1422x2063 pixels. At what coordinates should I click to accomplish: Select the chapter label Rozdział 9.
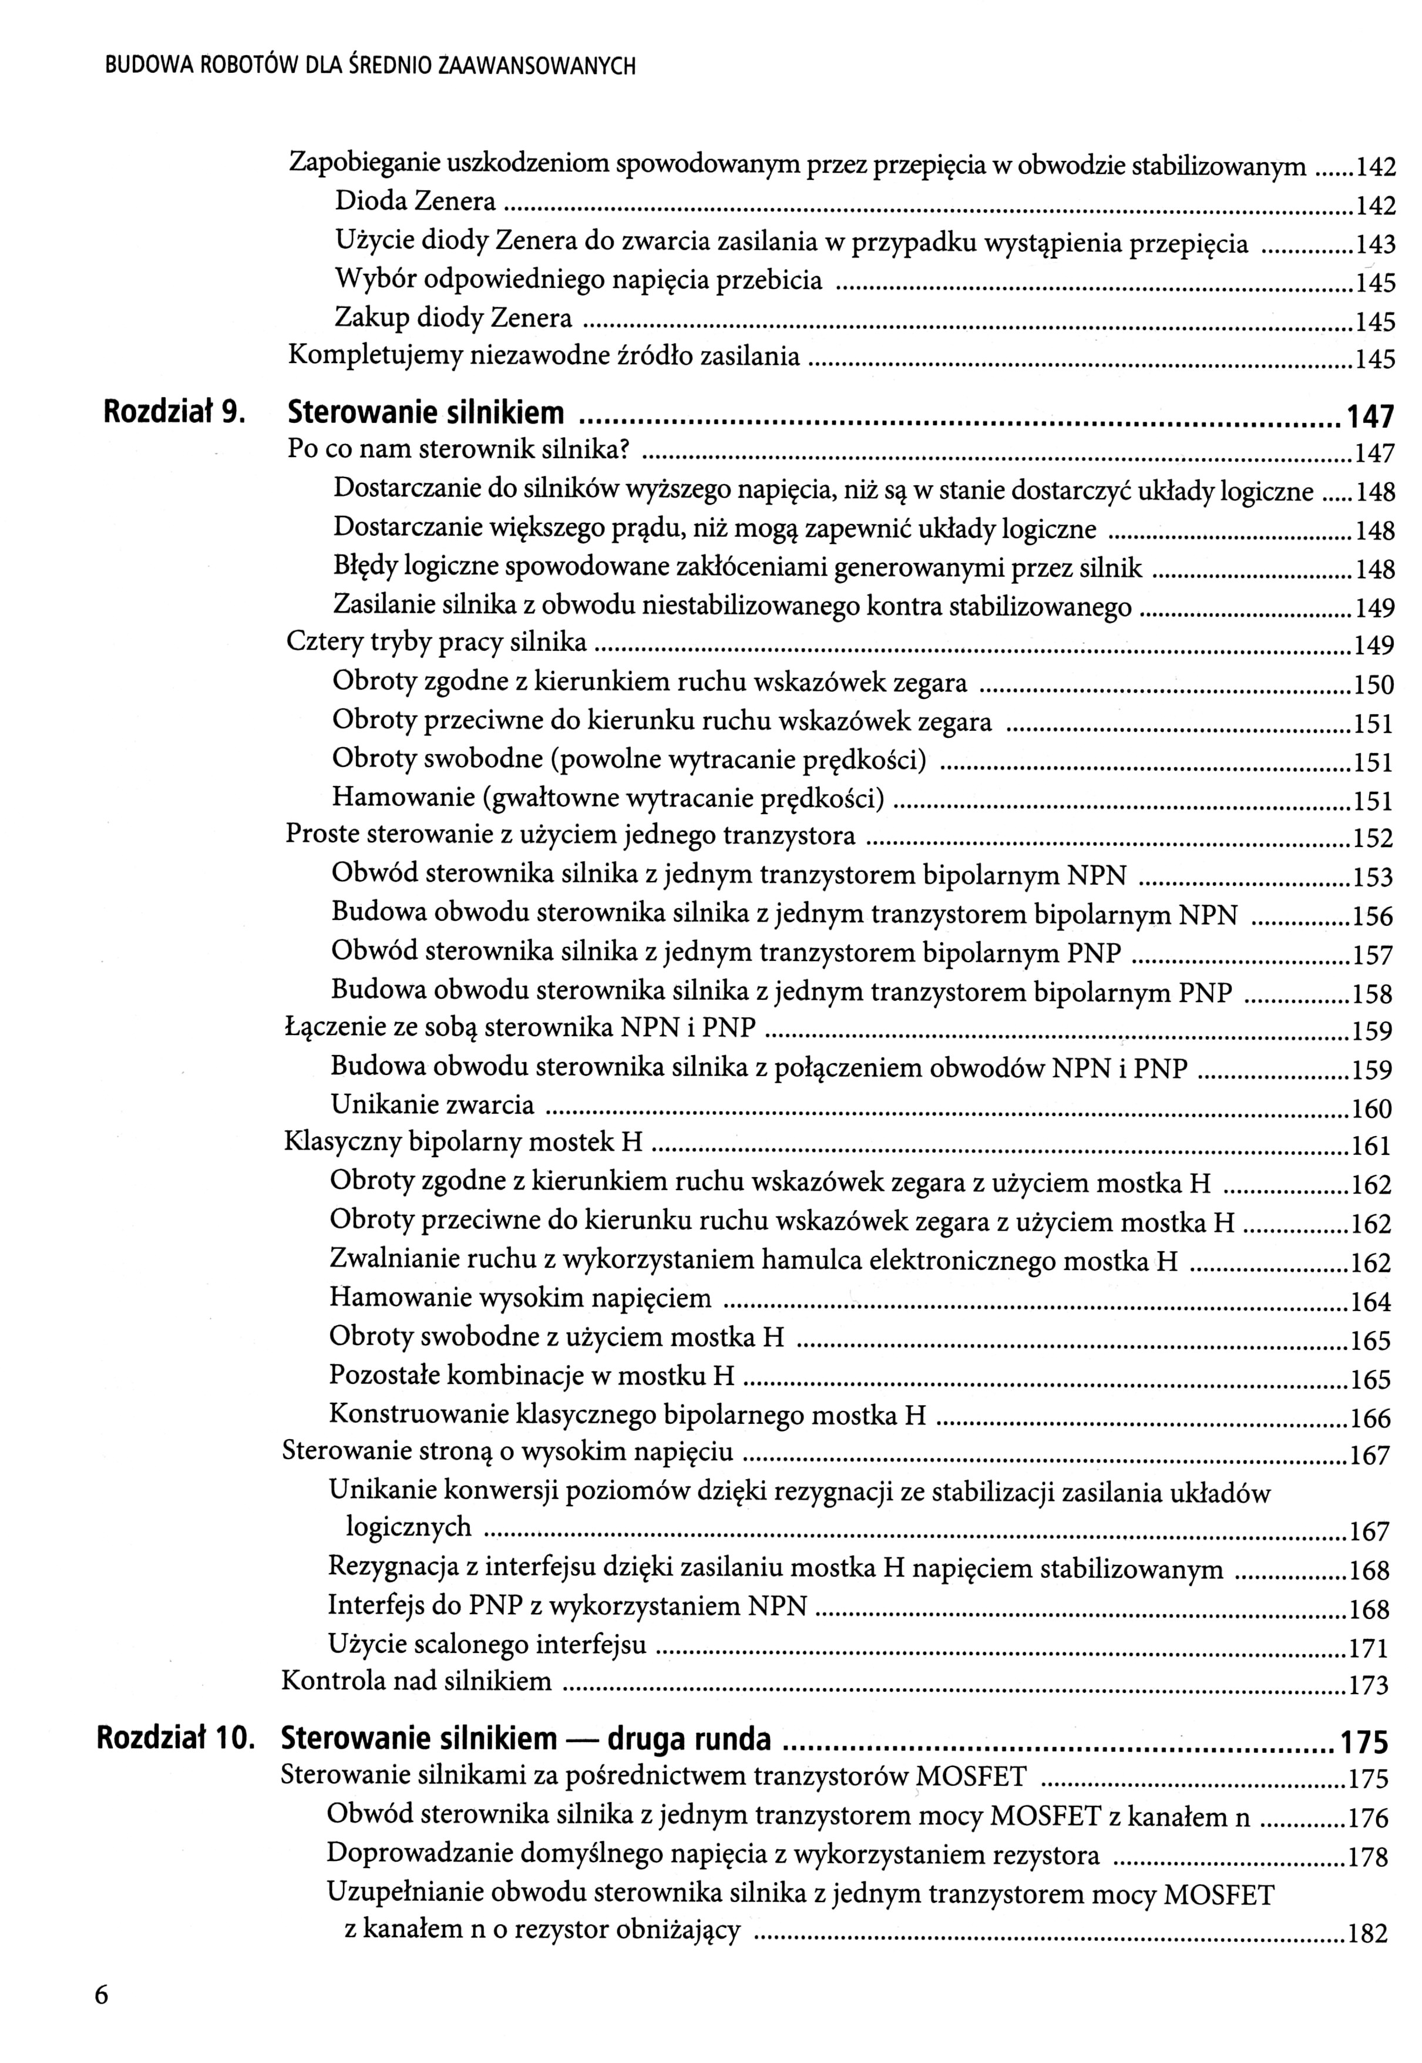[174, 412]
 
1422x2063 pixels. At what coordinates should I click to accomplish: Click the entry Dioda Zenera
[415, 202]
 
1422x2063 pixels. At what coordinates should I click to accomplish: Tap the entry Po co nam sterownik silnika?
[459, 450]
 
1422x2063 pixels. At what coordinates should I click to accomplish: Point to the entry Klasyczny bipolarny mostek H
[463, 1143]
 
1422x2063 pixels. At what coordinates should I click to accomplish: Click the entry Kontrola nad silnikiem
[416, 1682]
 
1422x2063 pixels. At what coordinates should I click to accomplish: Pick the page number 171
[1370, 1648]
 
